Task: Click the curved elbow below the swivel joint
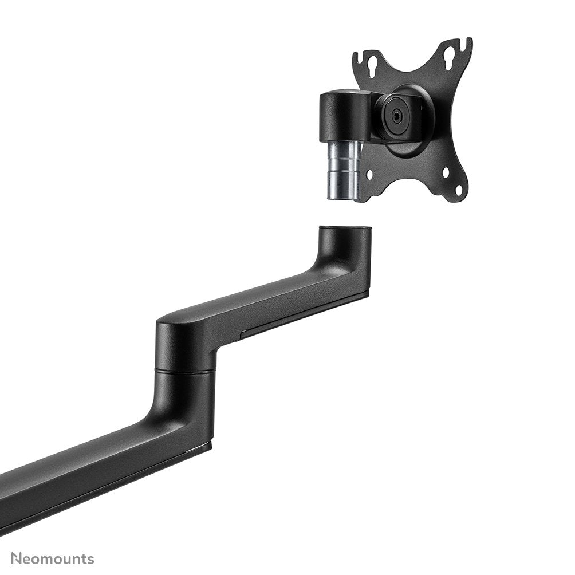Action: click(x=172, y=409)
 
